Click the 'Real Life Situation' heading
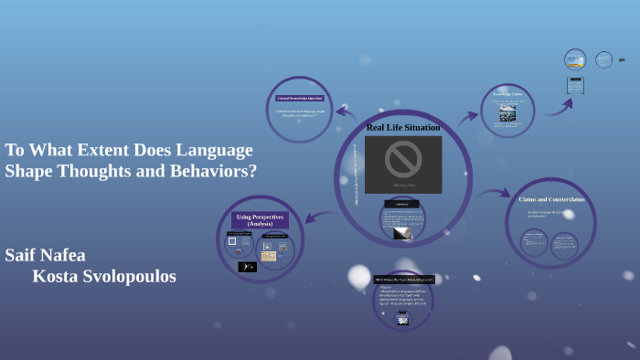(x=403, y=127)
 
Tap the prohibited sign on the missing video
(x=402, y=159)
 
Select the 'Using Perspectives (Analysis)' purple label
(x=261, y=220)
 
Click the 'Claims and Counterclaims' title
(x=551, y=198)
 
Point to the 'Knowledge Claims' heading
(x=507, y=93)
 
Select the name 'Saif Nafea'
(x=45, y=255)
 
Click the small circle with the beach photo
(x=575, y=60)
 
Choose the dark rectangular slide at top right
(x=575, y=85)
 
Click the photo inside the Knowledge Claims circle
(x=507, y=112)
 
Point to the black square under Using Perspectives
(x=247, y=267)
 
